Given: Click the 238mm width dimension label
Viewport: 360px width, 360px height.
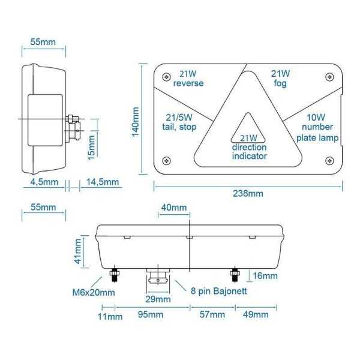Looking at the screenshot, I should pos(247,193).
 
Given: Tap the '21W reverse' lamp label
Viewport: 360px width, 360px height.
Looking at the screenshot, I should pos(188,79).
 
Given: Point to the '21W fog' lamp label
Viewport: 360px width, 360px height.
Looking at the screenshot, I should pos(280,79).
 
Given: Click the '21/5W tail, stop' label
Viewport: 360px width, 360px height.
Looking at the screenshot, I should pos(181,122).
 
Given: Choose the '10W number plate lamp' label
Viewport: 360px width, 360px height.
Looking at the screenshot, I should pos(317,128).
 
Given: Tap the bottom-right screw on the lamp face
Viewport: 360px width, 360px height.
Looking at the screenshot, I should pos(328,160).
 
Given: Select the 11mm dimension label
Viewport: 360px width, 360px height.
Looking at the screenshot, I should pos(106,315).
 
